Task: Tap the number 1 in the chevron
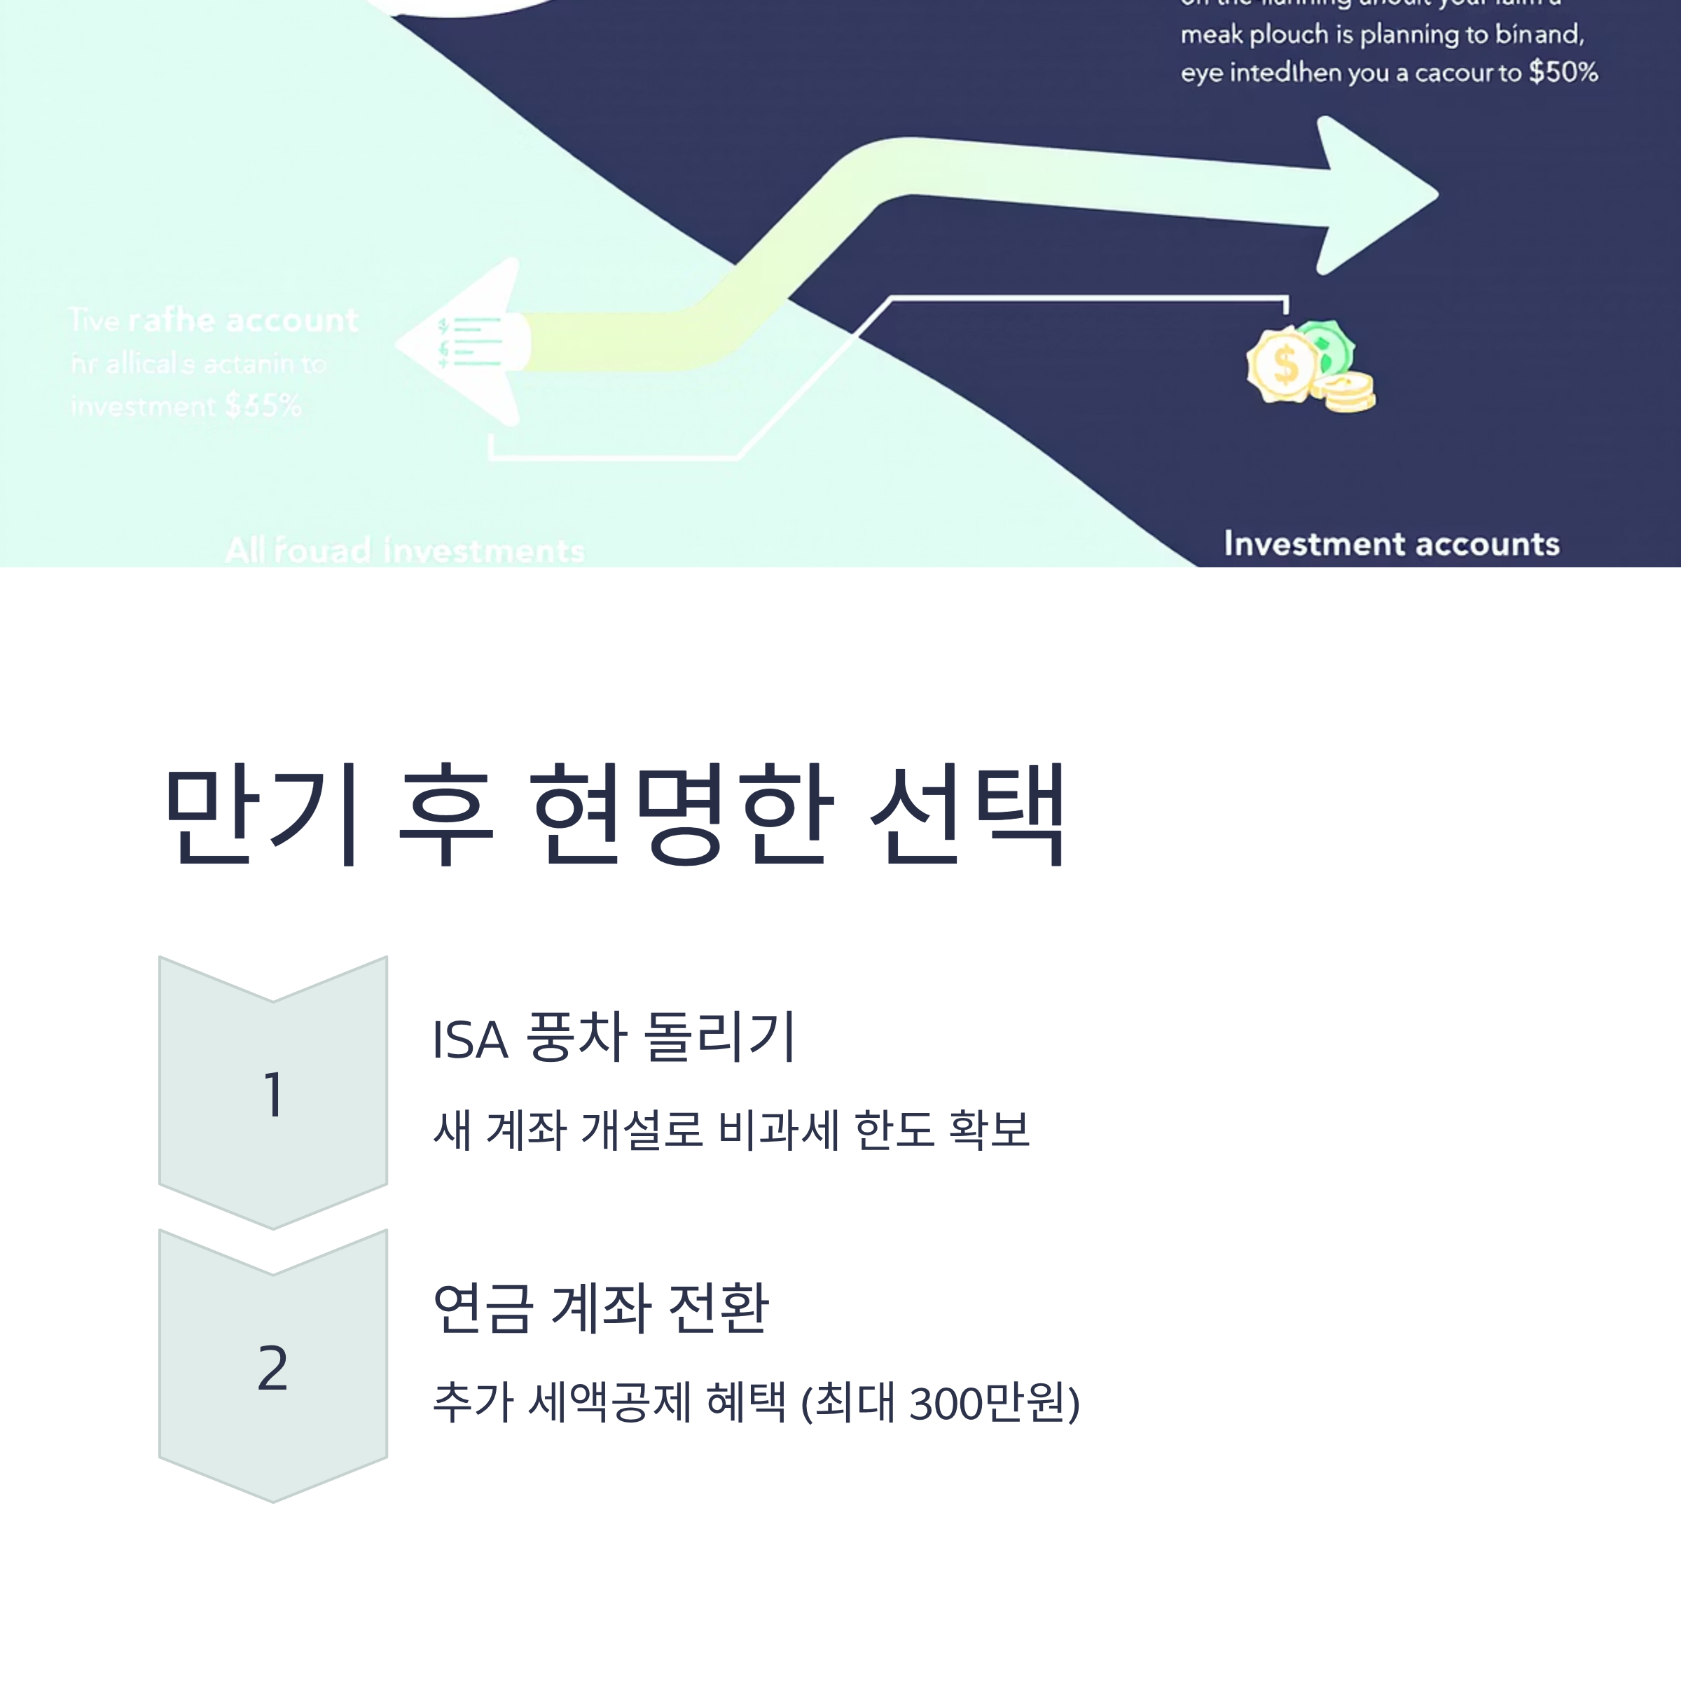click(x=273, y=1095)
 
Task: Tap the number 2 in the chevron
click(x=273, y=1368)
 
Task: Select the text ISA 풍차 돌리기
click(x=614, y=1037)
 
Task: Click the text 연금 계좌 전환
click(x=600, y=1308)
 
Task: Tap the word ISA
click(x=470, y=1039)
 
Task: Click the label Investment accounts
click(x=1390, y=544)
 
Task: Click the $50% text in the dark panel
click(x=1563, y=72)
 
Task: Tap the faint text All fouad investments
click(x=405, y=551)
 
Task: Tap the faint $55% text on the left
click(x=263, y=406)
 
